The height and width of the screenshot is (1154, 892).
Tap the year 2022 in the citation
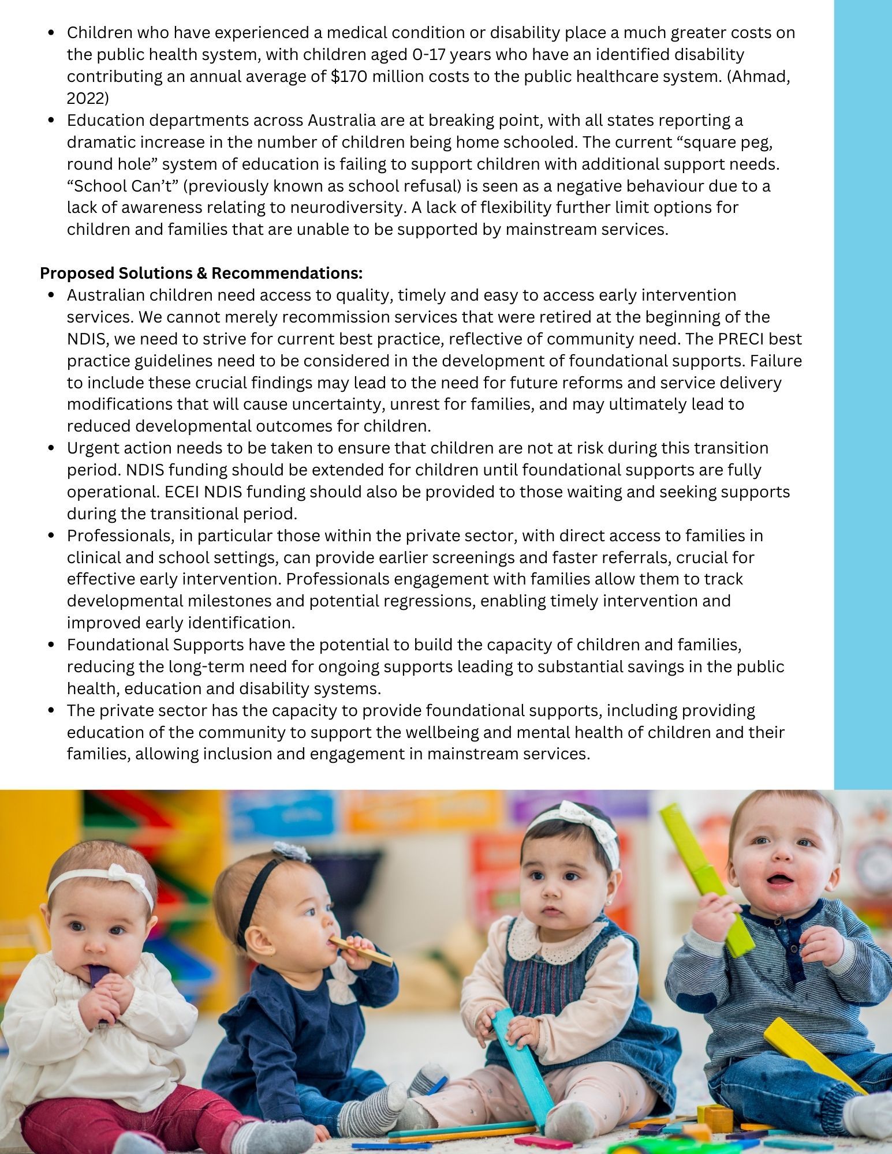pos(87,99)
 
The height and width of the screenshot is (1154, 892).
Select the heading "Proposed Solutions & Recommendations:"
pos(201,272)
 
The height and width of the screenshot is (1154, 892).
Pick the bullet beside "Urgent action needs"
pos(52,448)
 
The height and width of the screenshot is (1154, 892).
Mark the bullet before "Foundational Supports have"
pos(52,645)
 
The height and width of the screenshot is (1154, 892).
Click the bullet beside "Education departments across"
pos(52,121)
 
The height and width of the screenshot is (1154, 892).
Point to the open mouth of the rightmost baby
pos(782,883)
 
